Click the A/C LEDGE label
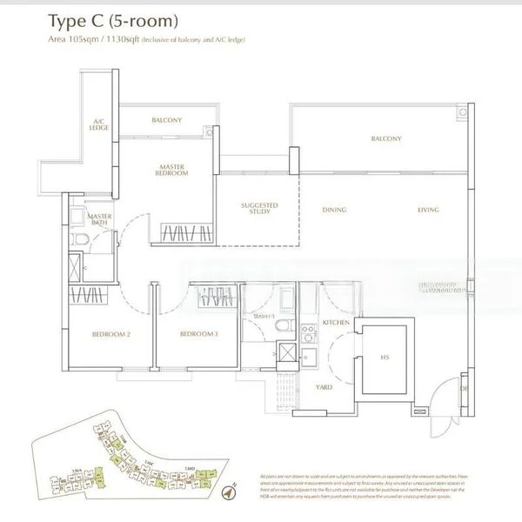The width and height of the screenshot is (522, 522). tap(99, 124)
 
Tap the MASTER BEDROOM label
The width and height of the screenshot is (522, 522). tap(173, 170)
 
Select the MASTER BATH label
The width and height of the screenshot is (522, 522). tap(98, 219)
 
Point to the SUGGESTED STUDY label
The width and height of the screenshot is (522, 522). tap(258, 210)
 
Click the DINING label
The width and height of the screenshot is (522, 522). tap(334, 210)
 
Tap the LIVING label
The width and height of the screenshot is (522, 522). tap(427, 210)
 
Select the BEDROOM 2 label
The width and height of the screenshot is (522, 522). tap(111, 334)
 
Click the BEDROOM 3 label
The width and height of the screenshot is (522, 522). tap(198, 334)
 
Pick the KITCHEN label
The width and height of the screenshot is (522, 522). tap(336, 322)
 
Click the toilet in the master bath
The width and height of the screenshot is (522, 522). tap(79, 239)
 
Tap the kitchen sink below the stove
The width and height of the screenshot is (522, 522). tap(307, 355)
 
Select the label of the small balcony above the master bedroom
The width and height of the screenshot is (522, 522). tap(165, 120)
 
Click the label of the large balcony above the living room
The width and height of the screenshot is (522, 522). tap(385, 139)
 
